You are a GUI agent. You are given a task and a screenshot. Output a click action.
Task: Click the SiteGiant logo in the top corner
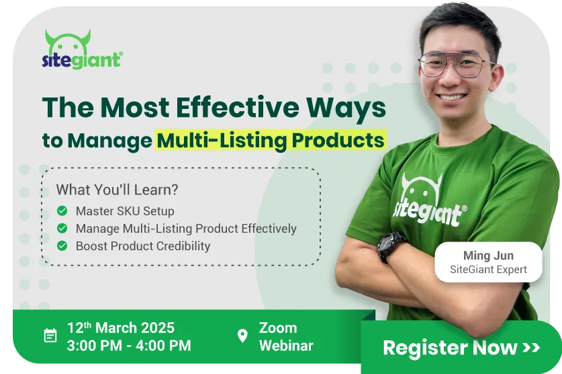83,50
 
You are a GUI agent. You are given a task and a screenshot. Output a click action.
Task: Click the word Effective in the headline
237,107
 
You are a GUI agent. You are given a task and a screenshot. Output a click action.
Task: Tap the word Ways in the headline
346,108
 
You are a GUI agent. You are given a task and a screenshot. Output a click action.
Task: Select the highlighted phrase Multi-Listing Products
271,140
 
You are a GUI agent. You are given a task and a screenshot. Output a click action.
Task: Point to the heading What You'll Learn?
118,190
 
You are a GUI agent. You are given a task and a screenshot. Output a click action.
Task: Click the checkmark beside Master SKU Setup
62,211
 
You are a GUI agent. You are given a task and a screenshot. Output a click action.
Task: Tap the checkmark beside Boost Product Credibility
62,246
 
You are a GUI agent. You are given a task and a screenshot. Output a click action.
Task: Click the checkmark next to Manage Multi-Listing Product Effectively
62,228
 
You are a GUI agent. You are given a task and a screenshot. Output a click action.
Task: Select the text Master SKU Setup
125,211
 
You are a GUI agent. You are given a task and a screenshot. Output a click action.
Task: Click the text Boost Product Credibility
143,246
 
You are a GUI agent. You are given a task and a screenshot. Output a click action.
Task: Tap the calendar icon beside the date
50,336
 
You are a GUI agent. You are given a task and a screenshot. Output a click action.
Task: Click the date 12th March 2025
120,328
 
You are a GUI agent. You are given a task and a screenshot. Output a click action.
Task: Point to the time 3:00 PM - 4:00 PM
129,346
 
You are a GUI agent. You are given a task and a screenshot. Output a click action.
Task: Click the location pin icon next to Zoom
242,336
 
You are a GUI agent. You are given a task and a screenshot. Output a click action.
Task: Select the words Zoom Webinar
286,337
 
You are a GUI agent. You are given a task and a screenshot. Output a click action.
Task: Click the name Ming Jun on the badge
488,256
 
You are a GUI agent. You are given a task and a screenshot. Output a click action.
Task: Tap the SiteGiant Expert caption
489,270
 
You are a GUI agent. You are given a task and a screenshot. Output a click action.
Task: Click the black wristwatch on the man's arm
390,246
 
